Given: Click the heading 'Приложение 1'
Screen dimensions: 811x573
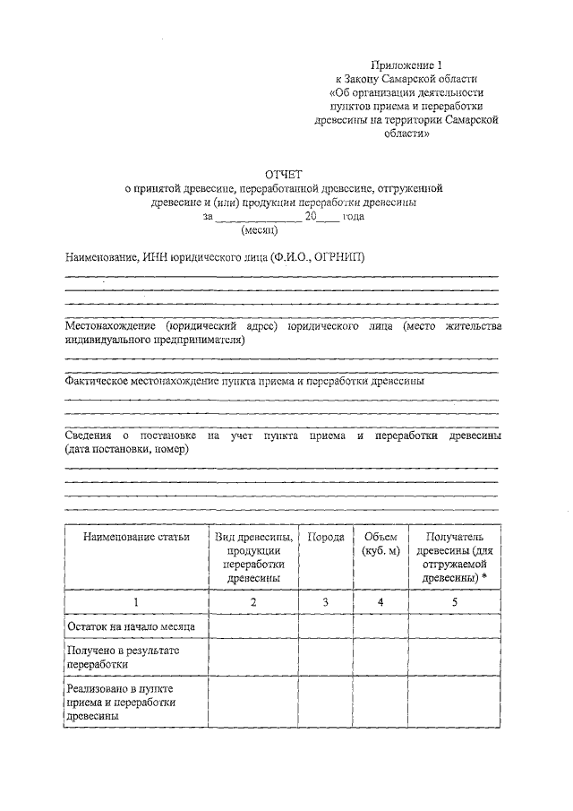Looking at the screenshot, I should [x=407, y=65].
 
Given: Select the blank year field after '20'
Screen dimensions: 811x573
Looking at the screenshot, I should [x=329, y=216].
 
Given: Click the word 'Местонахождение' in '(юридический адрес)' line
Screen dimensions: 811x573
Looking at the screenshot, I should [x=111, y=328].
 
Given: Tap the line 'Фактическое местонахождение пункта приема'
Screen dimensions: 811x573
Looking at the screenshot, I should [x=244, y=380].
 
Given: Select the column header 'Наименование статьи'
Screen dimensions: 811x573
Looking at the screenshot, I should [x=136, y=538].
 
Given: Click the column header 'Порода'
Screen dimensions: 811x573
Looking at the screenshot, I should [x=326, y=538].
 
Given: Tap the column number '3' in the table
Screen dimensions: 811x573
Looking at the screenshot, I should [x=326, y=602].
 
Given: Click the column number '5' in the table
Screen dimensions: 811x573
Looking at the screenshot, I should [x=454, y=602].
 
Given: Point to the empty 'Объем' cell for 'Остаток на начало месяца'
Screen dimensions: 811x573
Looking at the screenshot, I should [x=381, y=625].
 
